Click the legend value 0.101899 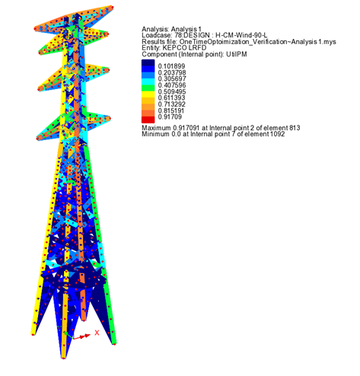[171, 66]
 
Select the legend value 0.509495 [172, 91]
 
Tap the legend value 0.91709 [170, 117]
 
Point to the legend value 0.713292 [172, 104]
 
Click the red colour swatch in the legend [148, 119]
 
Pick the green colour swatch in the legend [148, 88]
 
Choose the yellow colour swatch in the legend [148, 94]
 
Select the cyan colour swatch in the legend [148, 81]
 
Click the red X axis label [97, 333]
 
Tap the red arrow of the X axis [81, 336]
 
